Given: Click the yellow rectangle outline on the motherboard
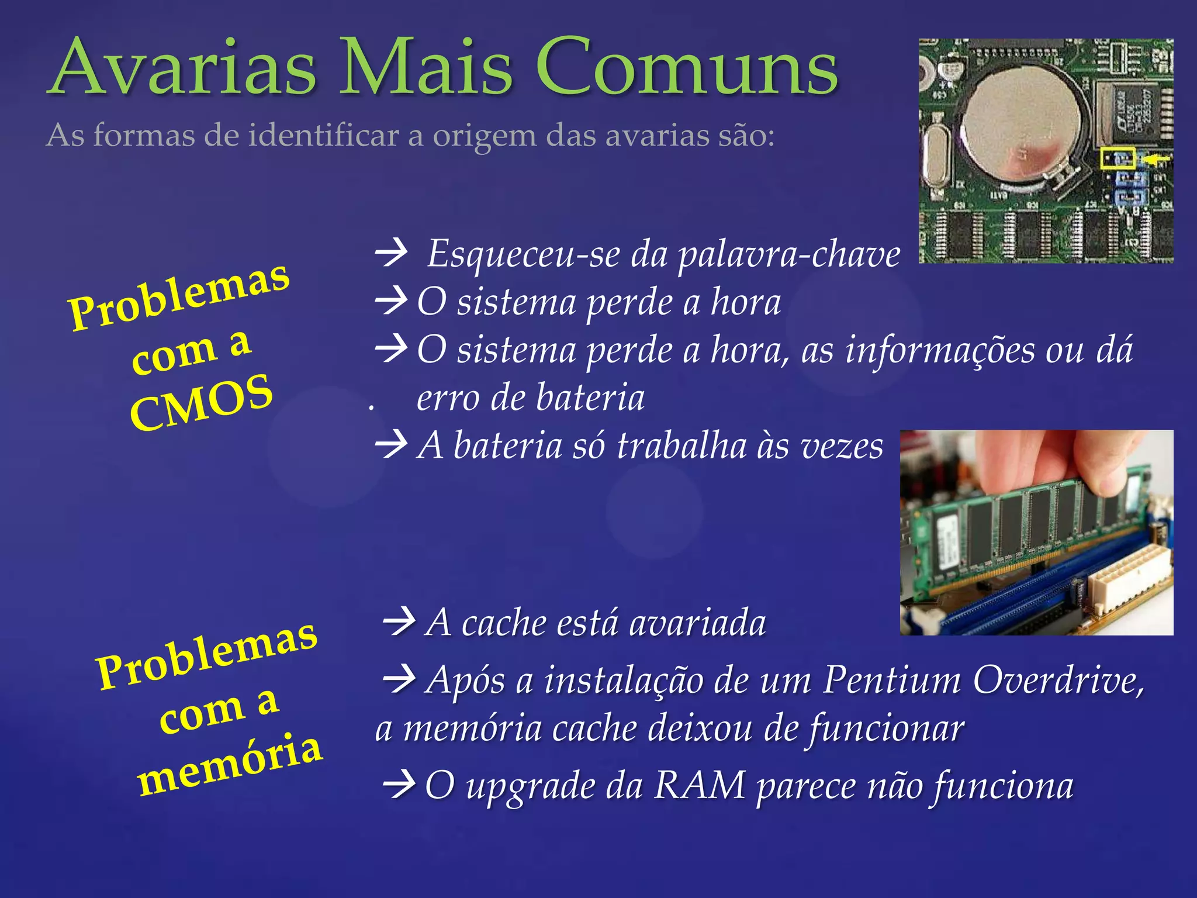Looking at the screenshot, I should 1118,158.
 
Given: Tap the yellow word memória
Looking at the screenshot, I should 229,765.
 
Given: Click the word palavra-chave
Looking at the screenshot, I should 789,255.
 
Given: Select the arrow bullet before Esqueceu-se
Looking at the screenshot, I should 391,253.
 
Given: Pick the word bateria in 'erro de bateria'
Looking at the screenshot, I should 590,398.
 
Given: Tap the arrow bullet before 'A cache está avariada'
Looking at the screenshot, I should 399,621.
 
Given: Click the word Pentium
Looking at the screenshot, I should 892,681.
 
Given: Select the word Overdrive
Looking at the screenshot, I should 1058,681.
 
